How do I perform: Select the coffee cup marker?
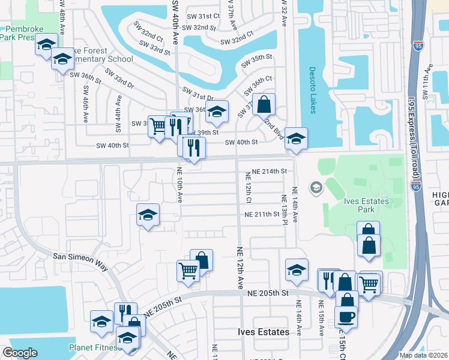[345, 316]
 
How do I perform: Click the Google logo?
[20, 353]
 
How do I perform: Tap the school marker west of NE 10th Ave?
[147, 216]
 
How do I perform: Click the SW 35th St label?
[257, 61]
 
